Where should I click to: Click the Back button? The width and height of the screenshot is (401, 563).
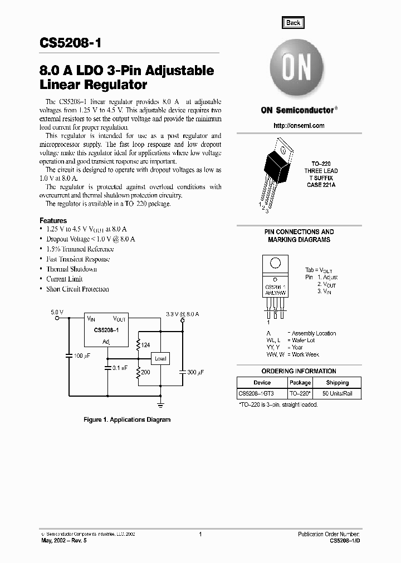click(x=293, y=23)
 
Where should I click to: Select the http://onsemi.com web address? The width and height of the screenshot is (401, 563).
click(x=299, y=126)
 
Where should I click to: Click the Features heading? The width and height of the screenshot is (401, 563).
click(x=53, y=221)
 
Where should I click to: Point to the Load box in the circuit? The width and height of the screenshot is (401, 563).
click(x=160, y=358)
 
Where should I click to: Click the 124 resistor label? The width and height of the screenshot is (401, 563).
click(x=146, y=345)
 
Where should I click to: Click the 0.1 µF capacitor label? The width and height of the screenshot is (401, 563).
click(x=119, y=368)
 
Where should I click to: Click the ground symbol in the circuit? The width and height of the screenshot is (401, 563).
click(x=161, y=402)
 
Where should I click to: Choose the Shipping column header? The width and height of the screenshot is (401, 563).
click(x=337, y=383)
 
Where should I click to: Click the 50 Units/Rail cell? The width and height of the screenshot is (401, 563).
click(x=337, y=394)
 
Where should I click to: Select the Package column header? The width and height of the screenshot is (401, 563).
click(x=300, y=383)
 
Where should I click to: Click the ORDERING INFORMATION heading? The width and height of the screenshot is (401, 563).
click(x=299, y=371)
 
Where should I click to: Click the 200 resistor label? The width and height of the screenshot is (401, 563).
click(x=145, y=372)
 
